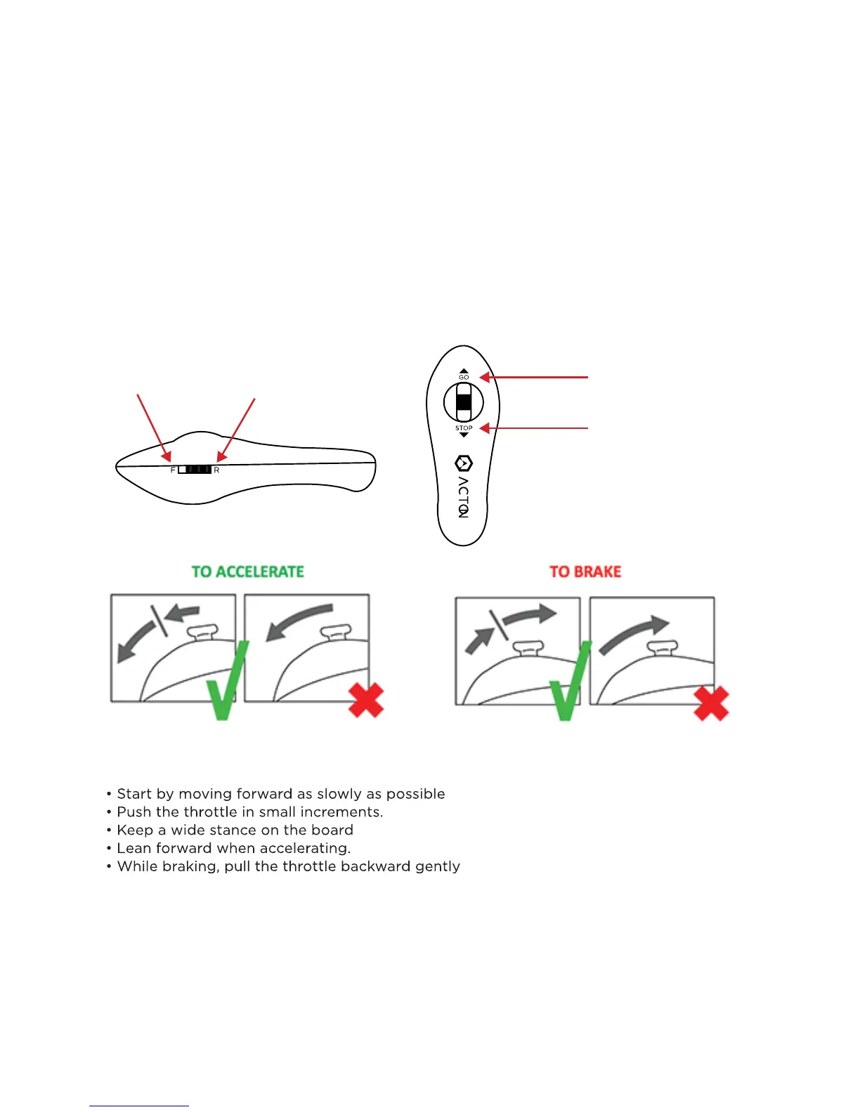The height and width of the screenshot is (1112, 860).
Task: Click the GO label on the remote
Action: [464, 377]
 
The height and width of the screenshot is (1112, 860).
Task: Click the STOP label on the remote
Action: [464, 428]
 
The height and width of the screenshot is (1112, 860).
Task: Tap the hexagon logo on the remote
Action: [464, 463]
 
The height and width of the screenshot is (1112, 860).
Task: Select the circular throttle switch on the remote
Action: [464, 403]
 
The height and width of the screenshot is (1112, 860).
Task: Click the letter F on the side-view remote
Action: [173, 470]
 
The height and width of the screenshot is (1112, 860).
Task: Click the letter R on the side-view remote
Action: [216, 470]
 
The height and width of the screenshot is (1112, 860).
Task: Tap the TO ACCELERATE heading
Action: [247, 571]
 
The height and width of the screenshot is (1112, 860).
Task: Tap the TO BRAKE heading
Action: [585, 571]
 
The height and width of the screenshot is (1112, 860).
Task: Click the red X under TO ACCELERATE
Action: [366, 700]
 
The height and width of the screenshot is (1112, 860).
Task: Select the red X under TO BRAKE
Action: [711, 703]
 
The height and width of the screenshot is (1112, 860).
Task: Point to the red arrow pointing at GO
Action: [534, 377]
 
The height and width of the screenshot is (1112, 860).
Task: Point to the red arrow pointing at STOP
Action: [534, 428]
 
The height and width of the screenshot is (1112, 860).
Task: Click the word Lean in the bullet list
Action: [134, 849]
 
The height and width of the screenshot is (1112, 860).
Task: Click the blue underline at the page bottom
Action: [139, 1106]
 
